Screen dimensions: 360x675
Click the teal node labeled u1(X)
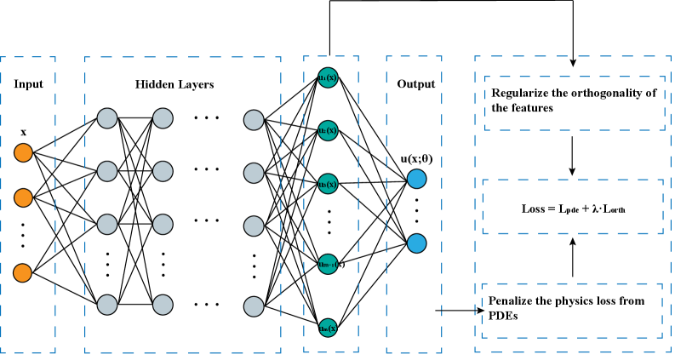coord(328,77)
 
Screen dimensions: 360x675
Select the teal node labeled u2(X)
coord(328,130)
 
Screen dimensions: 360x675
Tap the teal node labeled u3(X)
coord(328,184)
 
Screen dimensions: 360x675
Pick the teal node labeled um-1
coord(328,265)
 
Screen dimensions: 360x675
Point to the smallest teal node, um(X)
coord(328,328)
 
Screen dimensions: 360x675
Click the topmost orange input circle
coord(23,152)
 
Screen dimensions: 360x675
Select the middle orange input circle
coord(23,197)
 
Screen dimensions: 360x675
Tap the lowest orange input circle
coord(22,273)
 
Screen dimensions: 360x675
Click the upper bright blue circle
coord(416,179)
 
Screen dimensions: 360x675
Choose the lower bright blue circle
coord(416,243)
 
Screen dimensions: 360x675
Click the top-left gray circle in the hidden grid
coord(107,118)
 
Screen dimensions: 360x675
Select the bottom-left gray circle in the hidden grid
coord(107,305)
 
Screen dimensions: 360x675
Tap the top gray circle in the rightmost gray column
coord(254,120)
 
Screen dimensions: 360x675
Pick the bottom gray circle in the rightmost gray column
coord(254,306)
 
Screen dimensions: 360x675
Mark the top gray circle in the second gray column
coord(163,118)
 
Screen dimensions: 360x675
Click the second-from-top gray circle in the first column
coord(107,171)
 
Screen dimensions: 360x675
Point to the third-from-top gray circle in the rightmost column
coord(254,226)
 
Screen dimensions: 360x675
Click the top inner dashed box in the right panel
coord(575,103)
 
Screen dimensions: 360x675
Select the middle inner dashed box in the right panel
coord(573,206)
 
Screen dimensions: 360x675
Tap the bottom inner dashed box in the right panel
coord(572,311)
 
